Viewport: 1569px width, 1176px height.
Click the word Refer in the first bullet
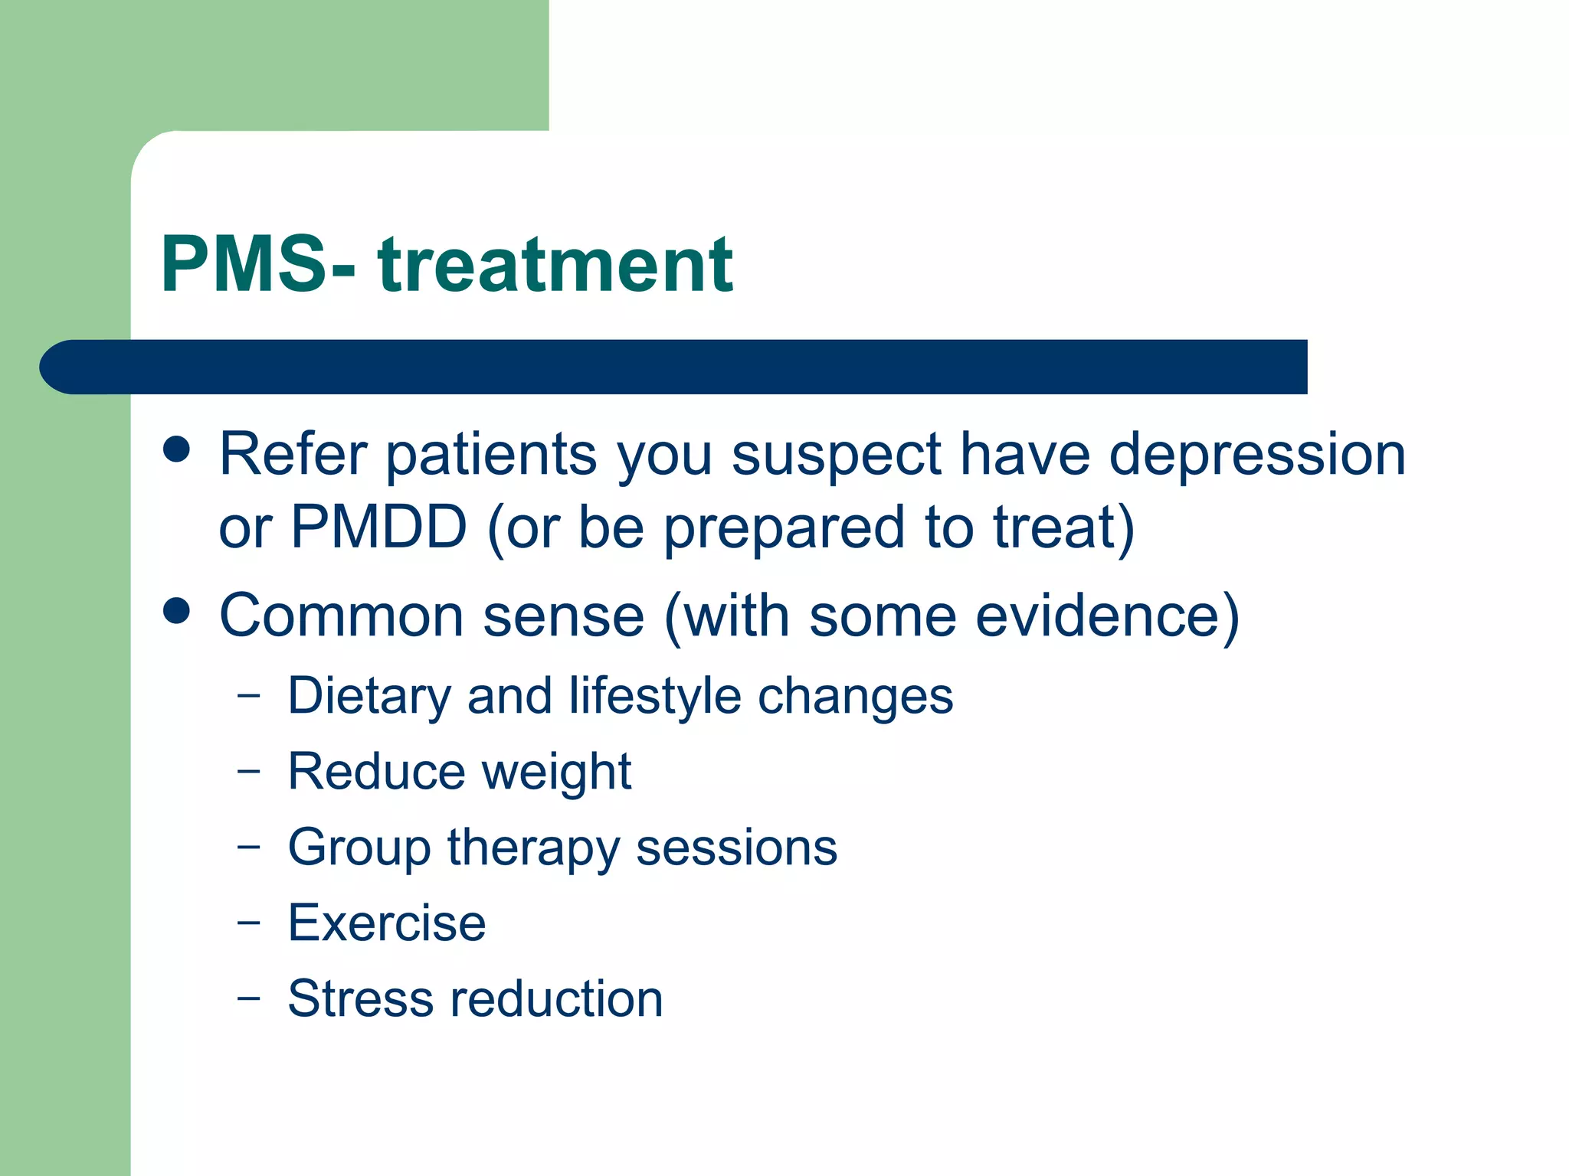(293, 454)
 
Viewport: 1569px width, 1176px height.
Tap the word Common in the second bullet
(342, 615)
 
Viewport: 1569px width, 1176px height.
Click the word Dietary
(369, 697)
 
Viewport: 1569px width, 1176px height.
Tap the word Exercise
(387, 923)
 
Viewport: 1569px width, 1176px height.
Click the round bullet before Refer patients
(177, 449)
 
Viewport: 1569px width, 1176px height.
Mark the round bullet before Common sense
(177, 611)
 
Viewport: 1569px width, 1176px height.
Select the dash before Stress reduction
(248, 998)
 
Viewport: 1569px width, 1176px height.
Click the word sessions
(737, 848)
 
